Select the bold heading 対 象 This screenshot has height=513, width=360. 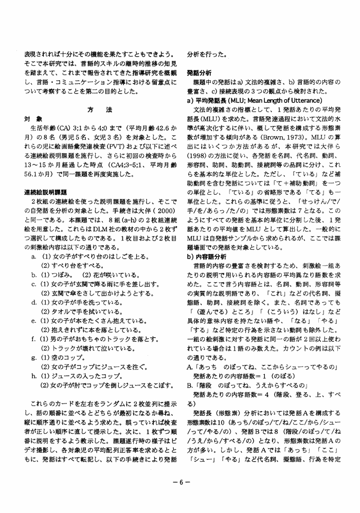point(32,118)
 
